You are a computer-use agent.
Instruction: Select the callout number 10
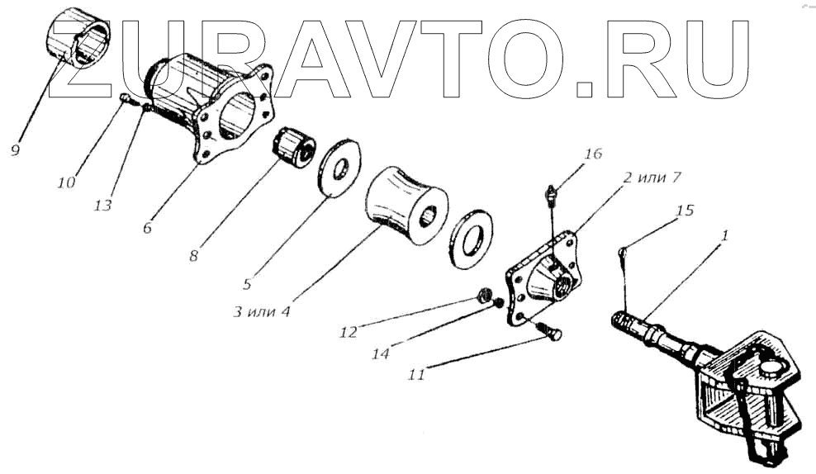tap(67, 181)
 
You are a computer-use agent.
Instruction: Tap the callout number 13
tap(102, 205)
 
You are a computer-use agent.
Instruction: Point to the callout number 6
tap(147, 228)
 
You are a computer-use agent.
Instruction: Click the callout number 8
tap(193, 256)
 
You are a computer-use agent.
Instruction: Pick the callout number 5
tap(247, 284)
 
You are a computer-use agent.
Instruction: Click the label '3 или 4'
tap(263, 312)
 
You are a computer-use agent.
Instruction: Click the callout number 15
tap(685, 211)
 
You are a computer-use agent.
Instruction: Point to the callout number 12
tap(348, 333)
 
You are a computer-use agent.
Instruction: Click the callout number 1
tap(724, 235)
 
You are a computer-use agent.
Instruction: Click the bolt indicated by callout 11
tap(548, 331)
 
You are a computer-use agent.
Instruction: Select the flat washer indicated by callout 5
tap(339, 169)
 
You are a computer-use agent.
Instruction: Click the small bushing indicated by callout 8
tap(293, 147)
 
